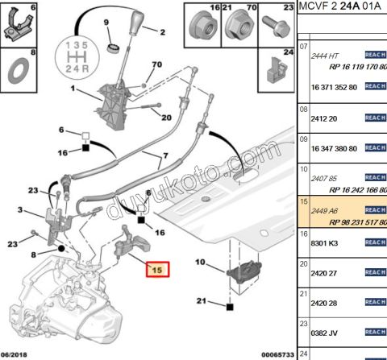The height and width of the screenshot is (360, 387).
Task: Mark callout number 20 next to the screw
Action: (167, 118)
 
